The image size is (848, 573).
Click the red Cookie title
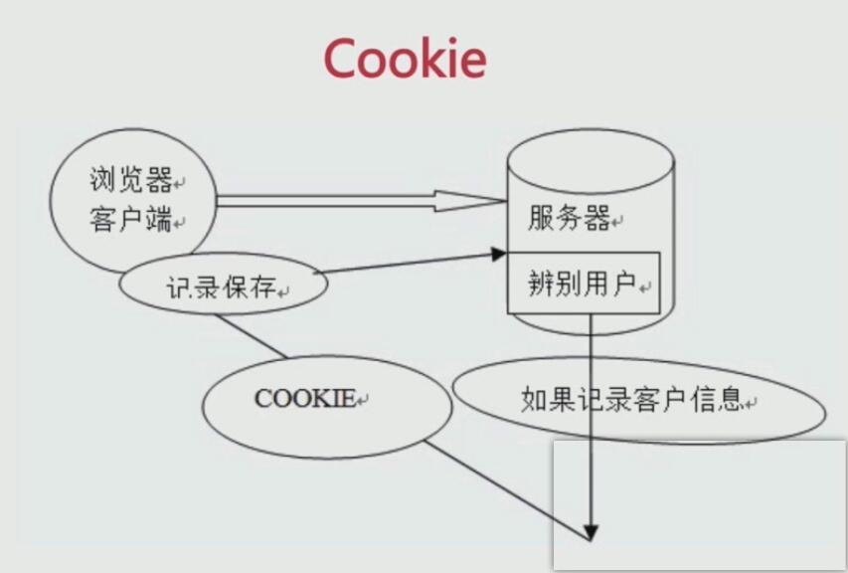click(x=405, y=59)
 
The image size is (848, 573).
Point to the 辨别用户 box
click(x=583, y=285)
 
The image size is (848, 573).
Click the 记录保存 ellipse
click(x=222, y=287)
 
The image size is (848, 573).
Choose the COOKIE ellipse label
click(x=305, y=399)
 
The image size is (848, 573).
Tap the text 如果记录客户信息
click(x=631, y=401)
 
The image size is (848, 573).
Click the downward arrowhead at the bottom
click(x=591, y=531)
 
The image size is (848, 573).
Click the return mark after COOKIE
click(x=363, y=401)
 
